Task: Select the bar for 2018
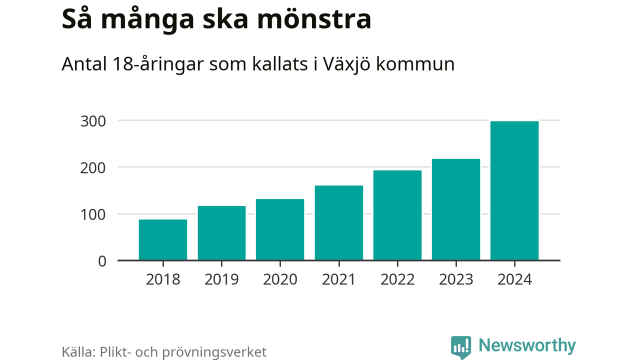tap(163, 240)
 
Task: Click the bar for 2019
tap(221, 233)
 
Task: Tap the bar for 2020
tap(280, 229)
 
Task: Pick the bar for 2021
tap(338, 223)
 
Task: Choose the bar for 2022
tap(397, 215)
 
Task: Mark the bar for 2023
tap(456, 209)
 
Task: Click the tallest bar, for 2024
tap(514, 190)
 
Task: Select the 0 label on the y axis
tap(102, 261)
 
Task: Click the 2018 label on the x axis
tap(163, 279)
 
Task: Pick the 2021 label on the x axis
tap(338, 279)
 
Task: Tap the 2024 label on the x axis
tap(514, 279)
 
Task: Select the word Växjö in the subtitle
tap(340, 64)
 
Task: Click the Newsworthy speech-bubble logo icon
tap(460, 346)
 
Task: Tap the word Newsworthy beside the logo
tap(527, 345)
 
